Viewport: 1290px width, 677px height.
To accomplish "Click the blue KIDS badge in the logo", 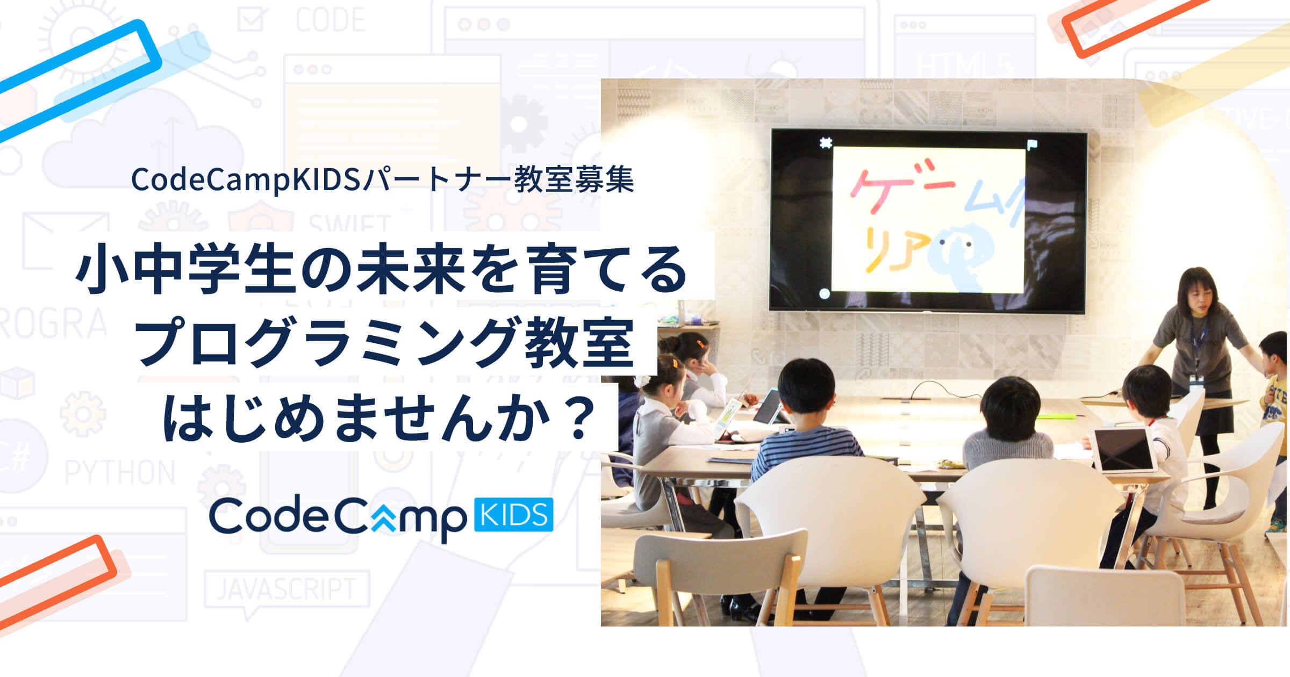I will (514, 515).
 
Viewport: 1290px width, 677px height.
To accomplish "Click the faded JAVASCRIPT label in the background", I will (286, 589).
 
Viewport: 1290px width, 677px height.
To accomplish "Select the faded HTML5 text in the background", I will (965, 67).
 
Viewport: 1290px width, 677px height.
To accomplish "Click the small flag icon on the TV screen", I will (1032, 145).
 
